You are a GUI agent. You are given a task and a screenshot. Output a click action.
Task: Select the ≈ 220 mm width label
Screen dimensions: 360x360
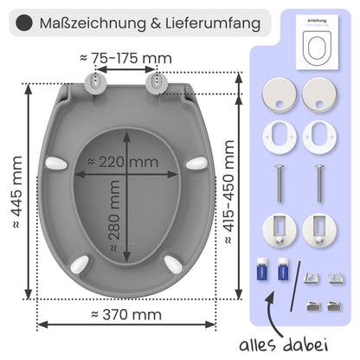129,162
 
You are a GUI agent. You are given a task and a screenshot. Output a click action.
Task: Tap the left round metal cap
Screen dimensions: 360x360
278,94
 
